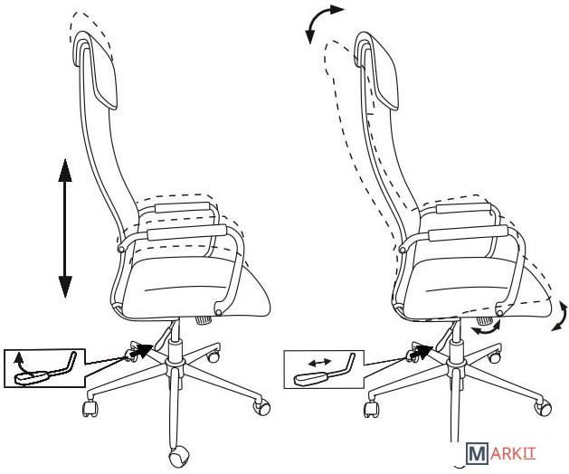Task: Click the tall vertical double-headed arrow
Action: pyautogui.click(x=65, y=228)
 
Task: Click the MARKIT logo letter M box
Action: pyautogui.click(x=476, y=453)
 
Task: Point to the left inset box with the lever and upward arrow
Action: pyautogui.click(x=44, y=368)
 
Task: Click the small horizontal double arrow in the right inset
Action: pyautogui.click(x=319, y=362)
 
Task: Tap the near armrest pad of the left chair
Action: pyautogui.click(x=187, y=232)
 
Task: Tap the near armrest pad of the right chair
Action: pyautogui.click(x=468, y=232)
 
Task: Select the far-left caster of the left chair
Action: pyautogui.click(x=90, y=409)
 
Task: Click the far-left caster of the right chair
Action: pyautogui.click(x=371, y=409)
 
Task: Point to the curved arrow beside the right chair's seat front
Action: pyautogui.click(x=561, y=317)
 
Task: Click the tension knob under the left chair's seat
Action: pyautogui.click(x=204, y=320)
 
